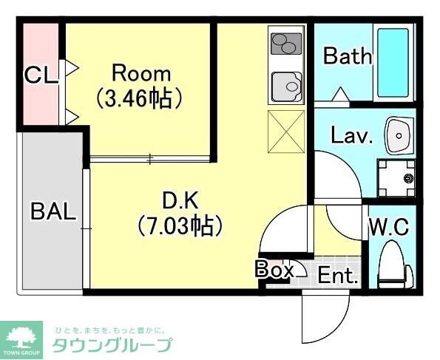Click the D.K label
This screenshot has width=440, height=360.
pos(180,200)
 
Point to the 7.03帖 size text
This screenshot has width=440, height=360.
pos(180,224)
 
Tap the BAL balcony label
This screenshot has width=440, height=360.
pos(53,212)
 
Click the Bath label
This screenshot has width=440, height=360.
pos(347,55)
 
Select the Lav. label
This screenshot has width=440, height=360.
pos(352,136)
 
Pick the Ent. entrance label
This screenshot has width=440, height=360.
pos(338,277)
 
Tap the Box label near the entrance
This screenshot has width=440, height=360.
pos(274,270)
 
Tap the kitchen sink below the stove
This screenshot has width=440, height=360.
pos(286,87)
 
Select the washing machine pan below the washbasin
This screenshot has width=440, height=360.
pos(398,178)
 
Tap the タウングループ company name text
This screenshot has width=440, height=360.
pos(112,345)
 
